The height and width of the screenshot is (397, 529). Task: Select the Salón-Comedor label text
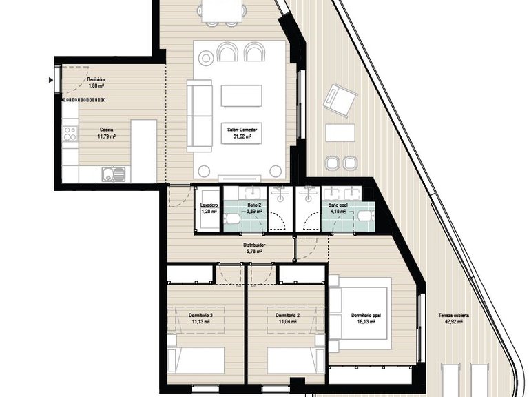pos(239,133)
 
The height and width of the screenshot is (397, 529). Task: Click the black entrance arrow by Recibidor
pos(52,80)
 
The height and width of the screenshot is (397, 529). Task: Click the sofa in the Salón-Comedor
pos(200,115)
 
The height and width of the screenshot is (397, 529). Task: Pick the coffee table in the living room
pos(241,95)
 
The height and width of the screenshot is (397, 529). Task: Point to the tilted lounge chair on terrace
pos(338,100)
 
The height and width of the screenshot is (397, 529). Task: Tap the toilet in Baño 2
pos(234,219)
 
